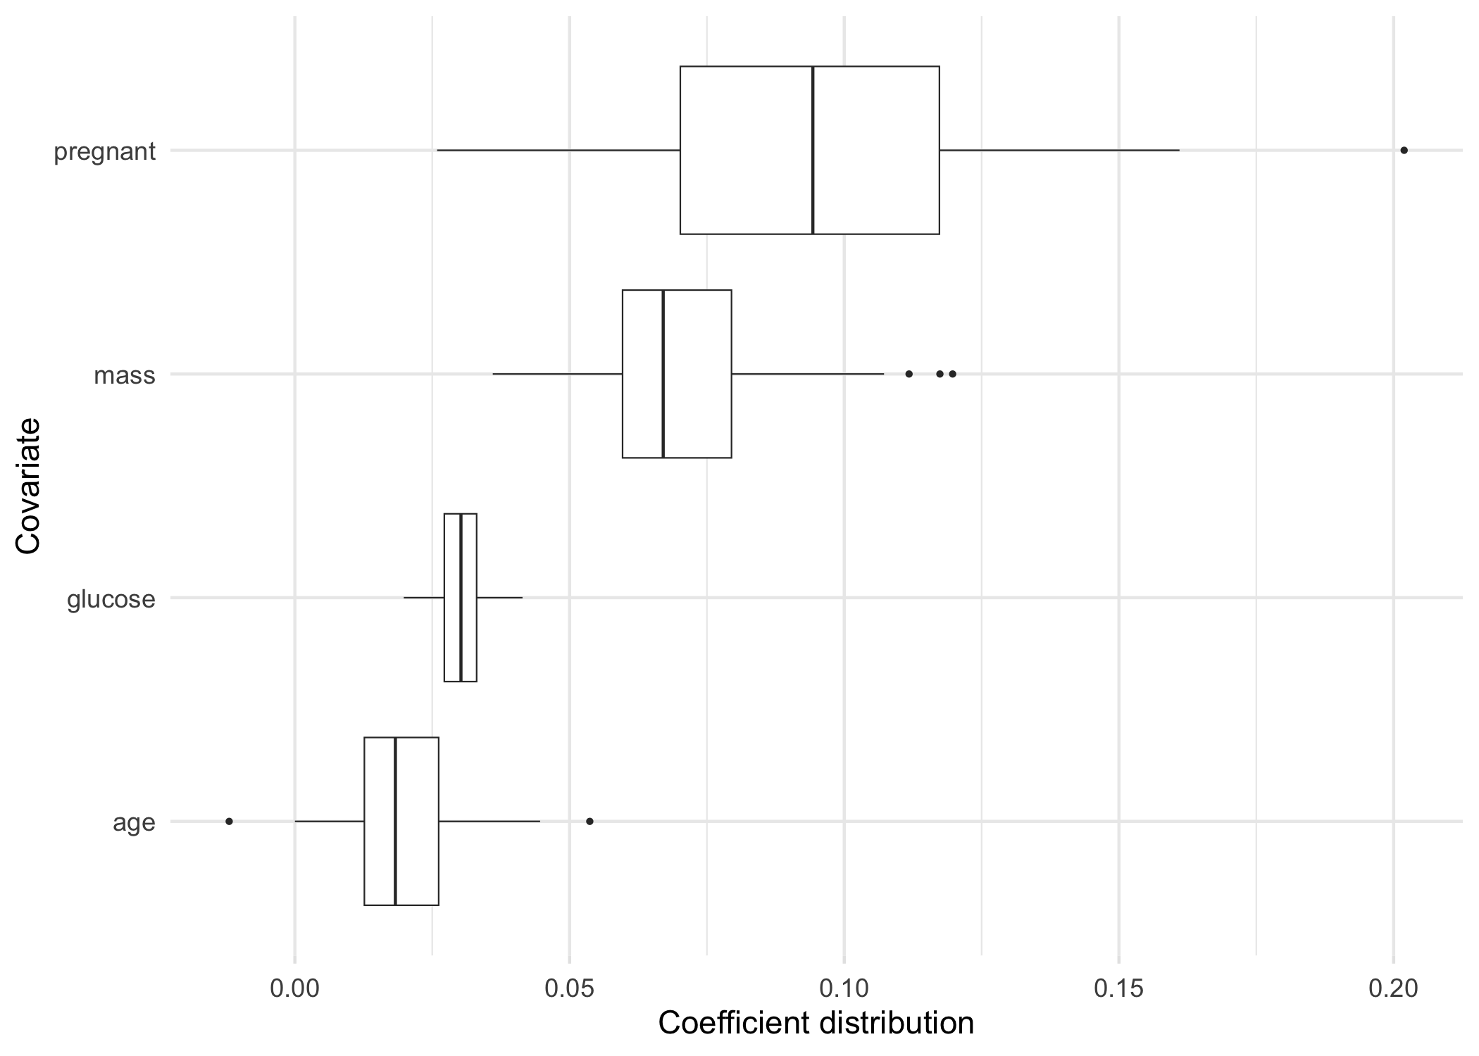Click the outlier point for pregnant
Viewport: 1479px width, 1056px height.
pyautogui.click(x=1404, y=150)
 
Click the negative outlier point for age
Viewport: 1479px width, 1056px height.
pyautogui.click(x=229, y=821)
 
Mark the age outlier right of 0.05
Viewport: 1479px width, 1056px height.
pyautogui.click(x=589, y=821)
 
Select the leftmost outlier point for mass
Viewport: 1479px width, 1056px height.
pyautogui.click(x=909, y=374)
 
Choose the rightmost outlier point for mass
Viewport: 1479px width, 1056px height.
pyautogui.click(x=952, y=374)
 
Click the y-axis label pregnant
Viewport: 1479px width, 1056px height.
pyautogui.click(x=104, y=151)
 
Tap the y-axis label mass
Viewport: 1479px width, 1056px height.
pyautogui.click(x=125, y=375)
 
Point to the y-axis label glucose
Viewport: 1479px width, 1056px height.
pyautogui.click(x=111, y=599)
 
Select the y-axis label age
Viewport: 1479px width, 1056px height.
pyautogui.click(x=134, y=823)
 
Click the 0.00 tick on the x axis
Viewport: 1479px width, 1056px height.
pyautogui.click(x=294, y=989)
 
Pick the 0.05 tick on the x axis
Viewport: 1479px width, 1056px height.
pyautogui.click(x=569, y=989)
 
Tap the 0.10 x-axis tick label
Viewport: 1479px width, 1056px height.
pyautogui.click(x=844, y=989)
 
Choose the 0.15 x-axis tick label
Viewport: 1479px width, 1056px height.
pyautogui.click(x=1118, y=989)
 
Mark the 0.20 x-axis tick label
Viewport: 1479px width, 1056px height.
pyautogui.click(x=1393, y=989)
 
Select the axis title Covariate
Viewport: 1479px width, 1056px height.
pyautogui.click(x=28, y=486)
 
